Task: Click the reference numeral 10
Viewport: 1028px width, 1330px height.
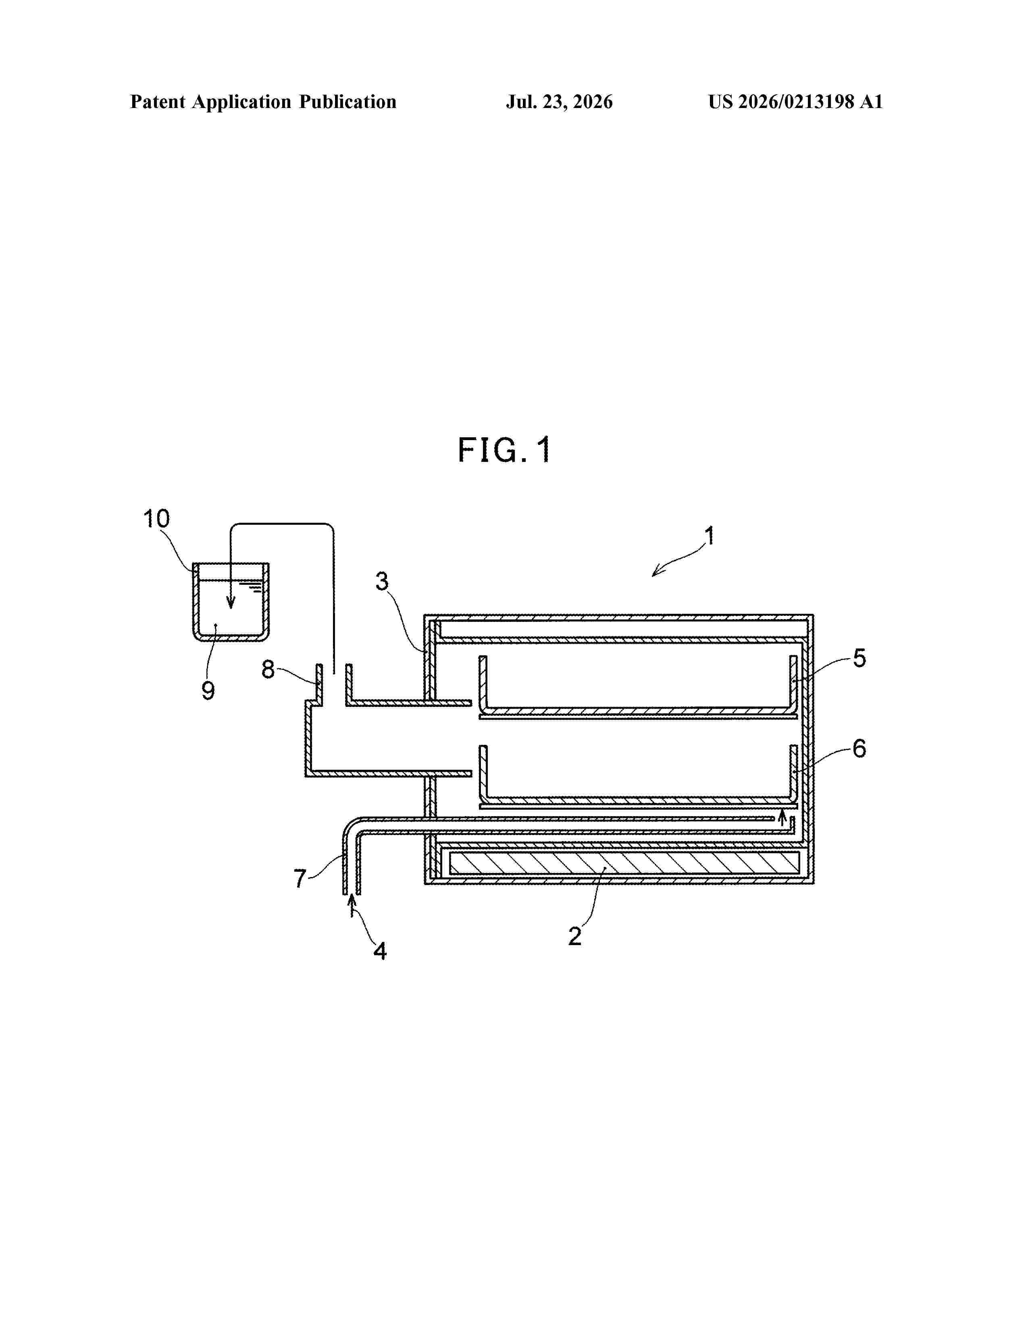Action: click(156, 519)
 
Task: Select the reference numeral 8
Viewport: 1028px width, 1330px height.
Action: click(268, 669)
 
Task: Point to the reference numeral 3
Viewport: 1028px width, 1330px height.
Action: click(382, 582)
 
